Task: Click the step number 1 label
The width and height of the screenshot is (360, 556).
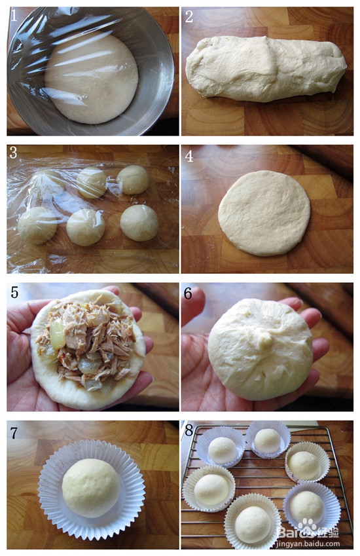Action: tap(14, 16)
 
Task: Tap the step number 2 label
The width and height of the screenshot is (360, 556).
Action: tap(189, 16)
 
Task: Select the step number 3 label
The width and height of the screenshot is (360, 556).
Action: tap(13, 153)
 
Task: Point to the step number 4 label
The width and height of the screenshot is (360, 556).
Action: tap(189, 156)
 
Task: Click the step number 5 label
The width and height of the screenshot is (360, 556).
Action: tap(14, 292)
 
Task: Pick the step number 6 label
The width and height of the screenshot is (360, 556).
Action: tap(188, 293)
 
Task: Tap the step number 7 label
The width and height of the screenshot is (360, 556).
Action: tap(14, 433)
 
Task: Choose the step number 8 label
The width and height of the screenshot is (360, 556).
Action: tap(189, 430)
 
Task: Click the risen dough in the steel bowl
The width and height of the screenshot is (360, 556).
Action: tap(91, 78)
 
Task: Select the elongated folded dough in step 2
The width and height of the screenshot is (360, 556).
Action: tap(266, 68)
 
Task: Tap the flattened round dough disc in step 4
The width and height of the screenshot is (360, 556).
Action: tap(264, 213)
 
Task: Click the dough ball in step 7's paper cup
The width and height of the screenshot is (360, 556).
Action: tap(91, 487)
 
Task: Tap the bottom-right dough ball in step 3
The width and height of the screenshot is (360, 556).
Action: tap(139, 223)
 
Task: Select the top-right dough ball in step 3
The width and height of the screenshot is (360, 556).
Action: tap(133, 179)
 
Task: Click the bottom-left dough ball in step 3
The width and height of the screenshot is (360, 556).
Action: tap(37, 225)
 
